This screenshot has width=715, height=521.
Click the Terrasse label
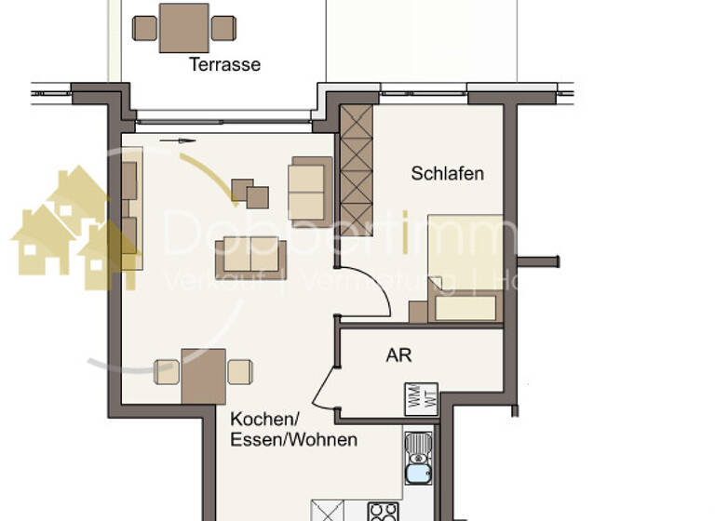(224, 65)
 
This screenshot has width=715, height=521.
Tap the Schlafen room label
(447, 174)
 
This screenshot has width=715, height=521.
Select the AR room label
(398, 354)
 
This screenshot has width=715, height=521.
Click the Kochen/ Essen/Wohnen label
(293, 429)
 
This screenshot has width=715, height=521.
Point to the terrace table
(184, 28)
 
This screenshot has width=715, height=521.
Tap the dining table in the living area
(204, 374)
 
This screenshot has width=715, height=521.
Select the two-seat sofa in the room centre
(250, 258)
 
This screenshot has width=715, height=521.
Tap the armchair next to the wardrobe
(310, 189)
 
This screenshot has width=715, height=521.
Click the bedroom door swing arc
(382, 293)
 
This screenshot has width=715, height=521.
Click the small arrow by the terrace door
(178, 141)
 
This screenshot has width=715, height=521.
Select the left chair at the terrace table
(144, 28)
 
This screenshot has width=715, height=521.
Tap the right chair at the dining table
(240, 372)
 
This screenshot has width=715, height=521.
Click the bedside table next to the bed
(418, 312)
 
